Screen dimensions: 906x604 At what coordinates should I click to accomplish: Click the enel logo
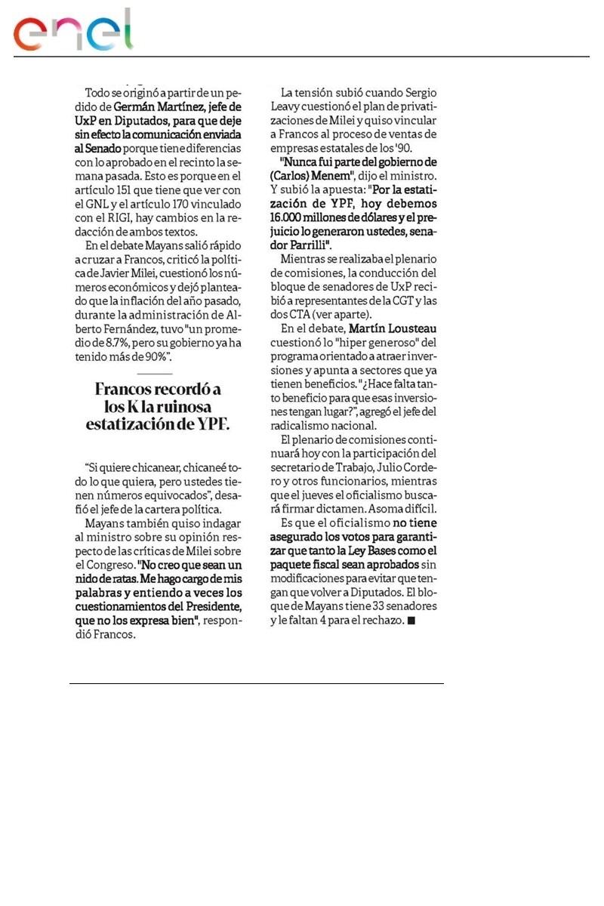pyautogui.click(x=72, y=32)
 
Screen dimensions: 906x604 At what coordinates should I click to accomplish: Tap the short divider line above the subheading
pyautogui.click(x=155, y=374)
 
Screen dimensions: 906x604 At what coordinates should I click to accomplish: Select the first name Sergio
pyautogui.click(x=419, y=92)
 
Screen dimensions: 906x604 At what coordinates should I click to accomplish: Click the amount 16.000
pyautogui.click(x=298, y=217)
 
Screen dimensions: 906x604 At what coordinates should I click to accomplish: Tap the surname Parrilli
pyautogui.click(x=302, y=245)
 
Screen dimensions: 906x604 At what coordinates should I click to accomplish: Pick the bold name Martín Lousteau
pyautogui.click(x=393, y=328)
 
